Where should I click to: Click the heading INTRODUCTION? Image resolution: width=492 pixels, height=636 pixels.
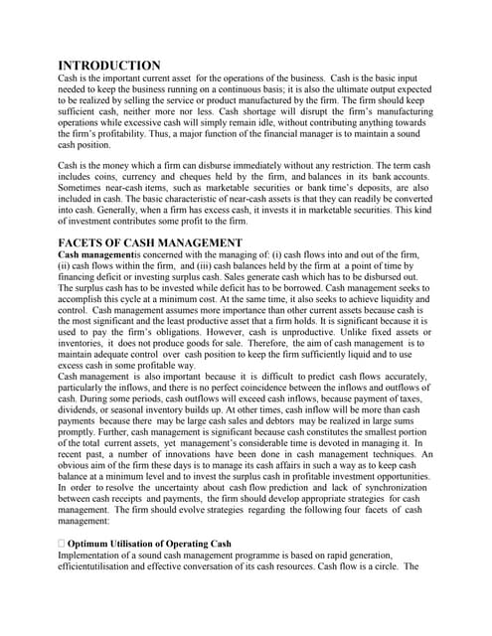[x=110, y=66]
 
